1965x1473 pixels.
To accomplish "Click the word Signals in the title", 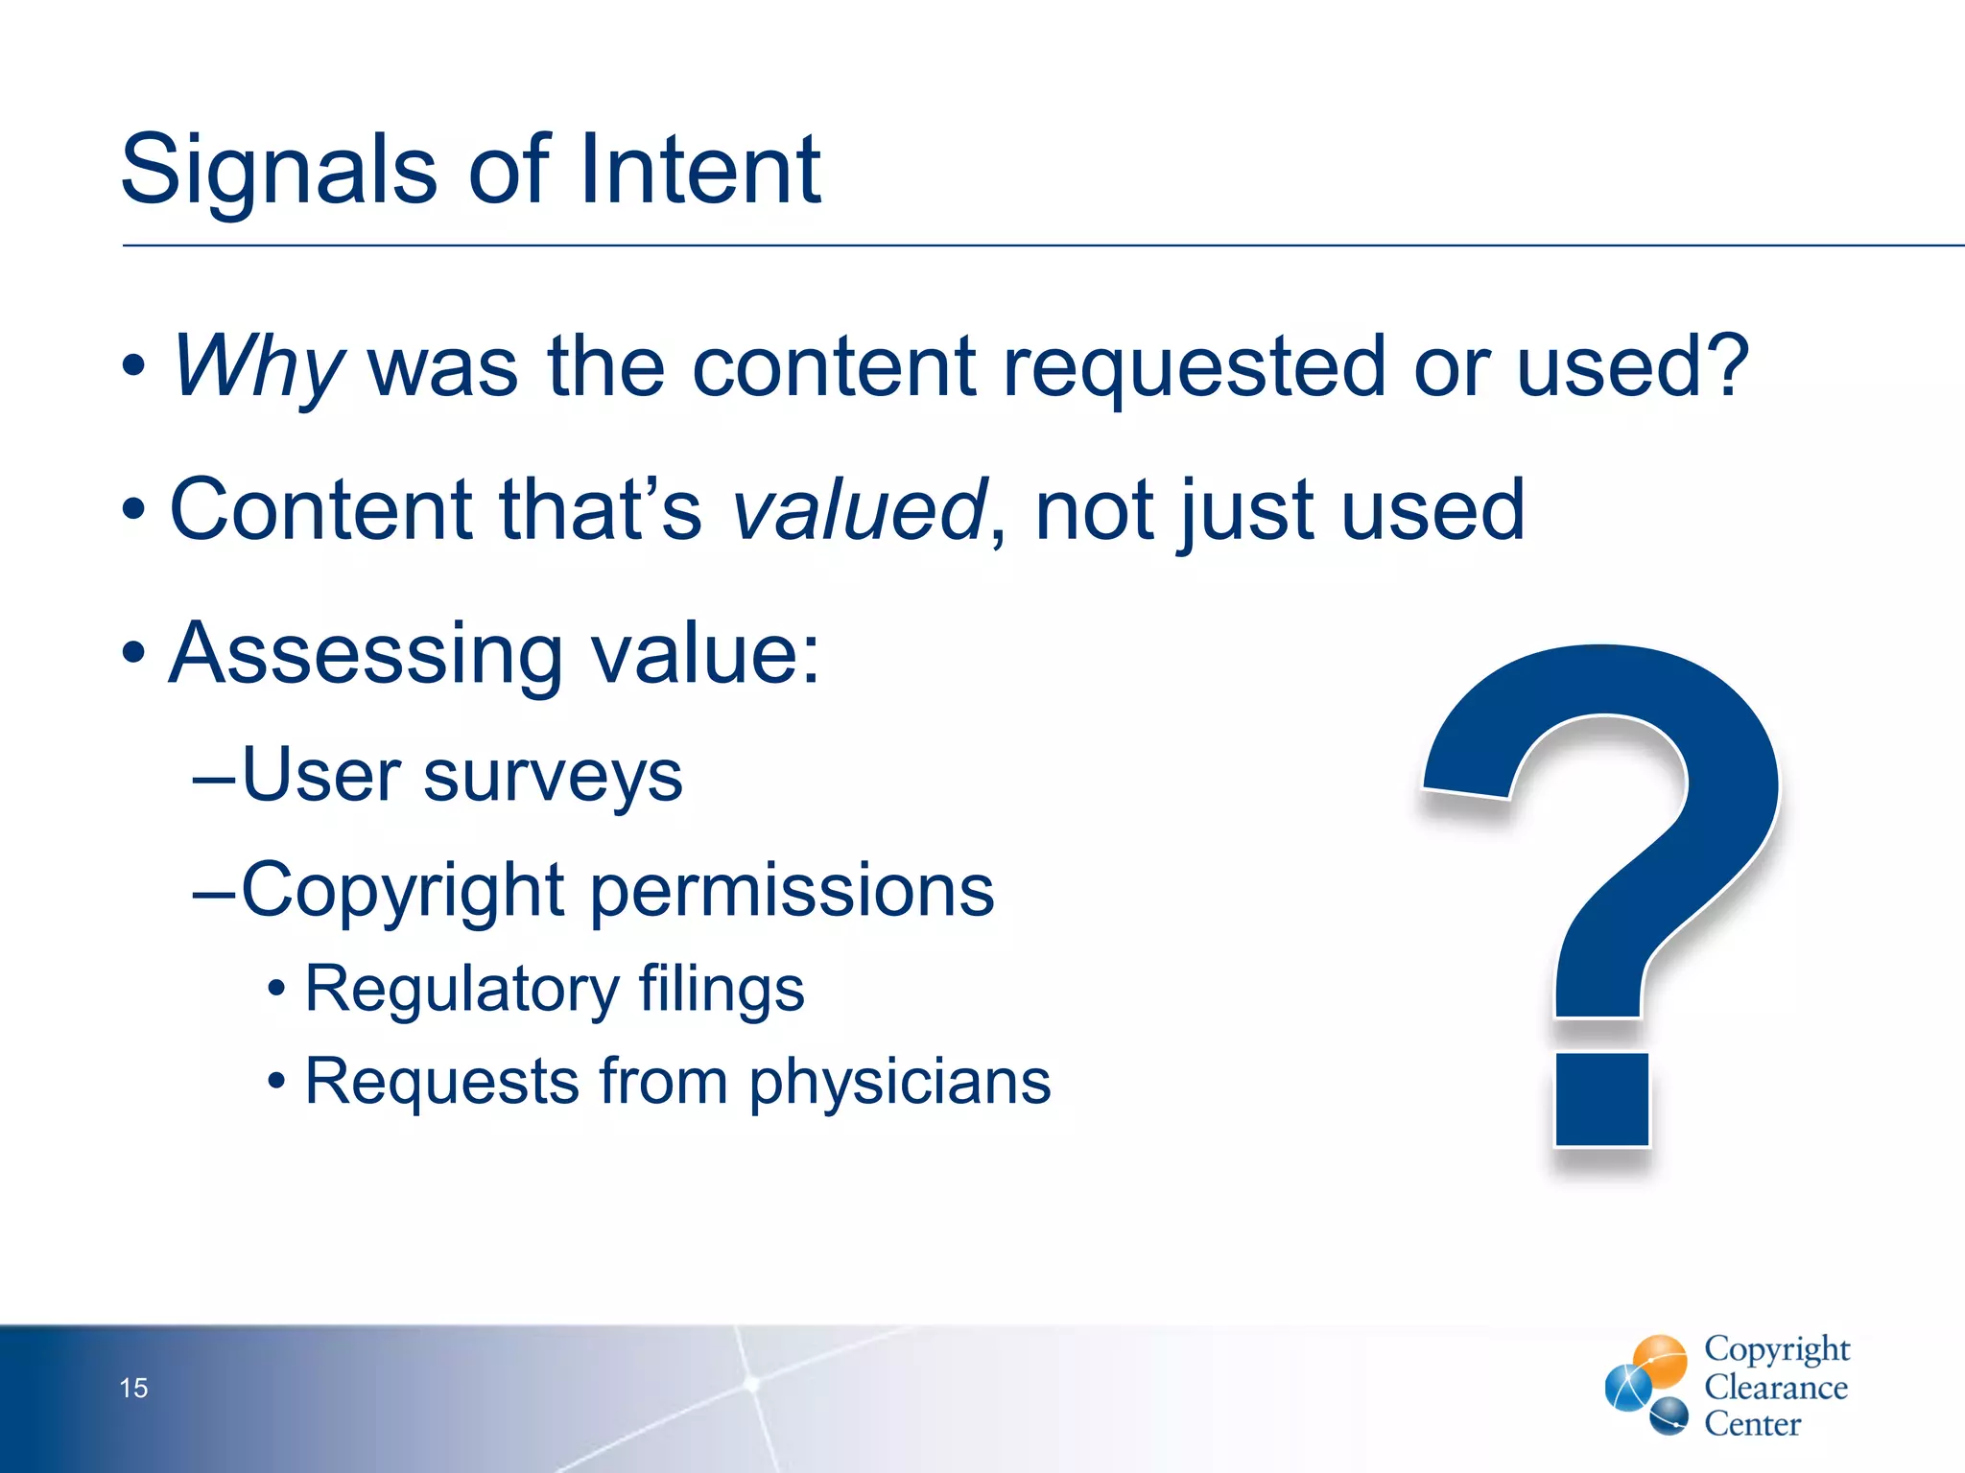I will click(278, 171).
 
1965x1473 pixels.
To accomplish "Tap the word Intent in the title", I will click(699, 171).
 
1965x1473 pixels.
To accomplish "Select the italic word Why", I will click(257, 367).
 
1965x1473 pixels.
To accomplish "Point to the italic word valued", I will click(859, 510).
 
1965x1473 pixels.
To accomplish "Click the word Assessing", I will click(366, 654).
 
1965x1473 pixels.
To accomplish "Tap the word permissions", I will click(792, 890).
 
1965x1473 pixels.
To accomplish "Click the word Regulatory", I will click(462, 990).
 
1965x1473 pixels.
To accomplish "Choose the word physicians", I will click(899, 1082).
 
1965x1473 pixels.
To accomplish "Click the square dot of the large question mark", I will click(1601, 1100).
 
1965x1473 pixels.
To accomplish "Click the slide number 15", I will click(133, 1388).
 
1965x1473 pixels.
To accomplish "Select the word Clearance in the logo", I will click(1775, 1388).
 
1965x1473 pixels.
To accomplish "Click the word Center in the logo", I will click(1752, 1424).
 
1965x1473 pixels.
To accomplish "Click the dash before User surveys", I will click(213, 779).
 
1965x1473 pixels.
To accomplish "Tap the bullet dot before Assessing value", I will click(134, 654).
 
